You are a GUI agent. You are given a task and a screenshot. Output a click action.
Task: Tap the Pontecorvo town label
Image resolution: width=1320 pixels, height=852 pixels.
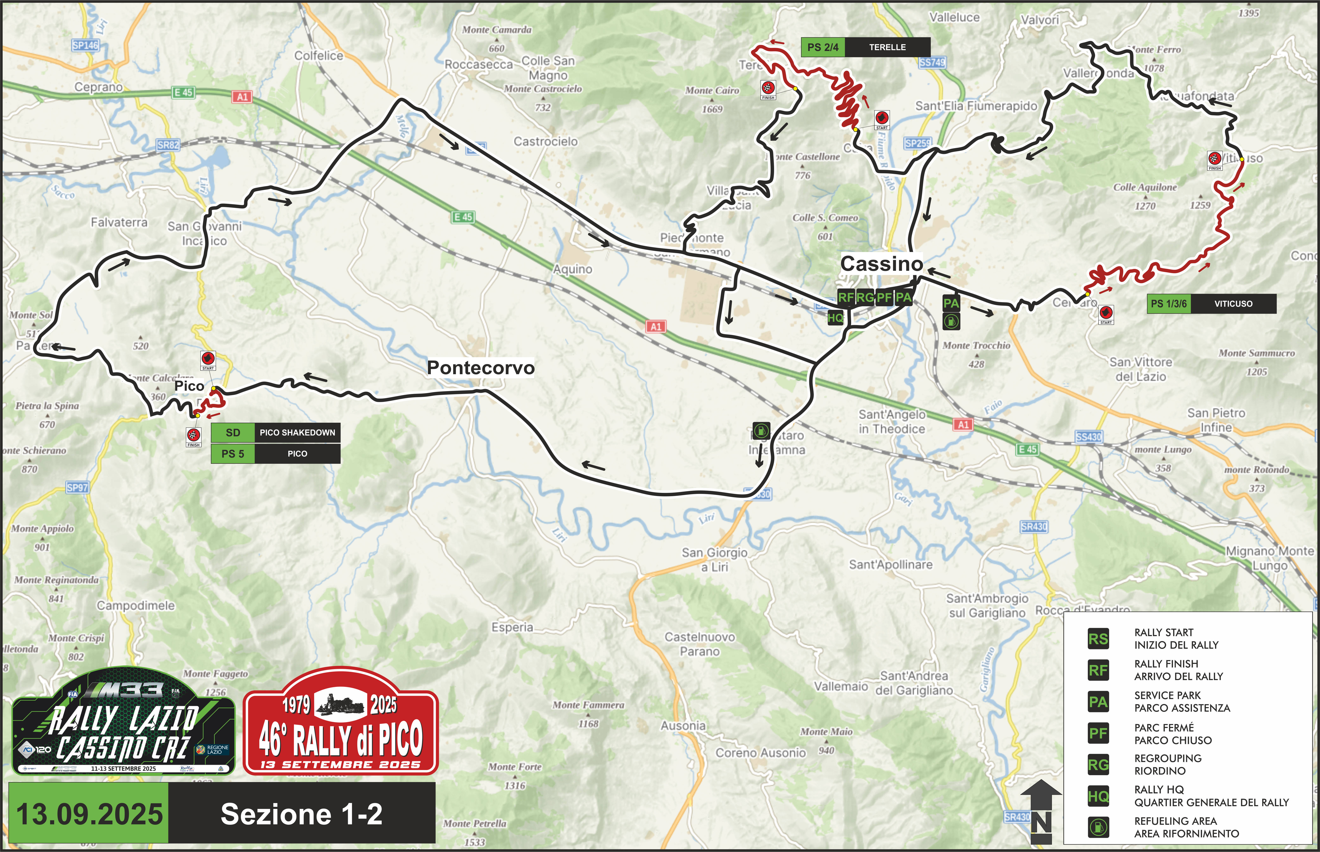[x=480, y=368]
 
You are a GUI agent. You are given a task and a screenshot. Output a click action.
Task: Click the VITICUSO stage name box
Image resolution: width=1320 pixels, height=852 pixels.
[x=1233, y=304]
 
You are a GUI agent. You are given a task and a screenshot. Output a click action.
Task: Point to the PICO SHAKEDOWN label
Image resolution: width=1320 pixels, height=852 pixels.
[x=297, y=433]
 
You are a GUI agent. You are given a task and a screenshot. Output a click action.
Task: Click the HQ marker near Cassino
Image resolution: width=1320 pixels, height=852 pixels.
[x=835, y=318]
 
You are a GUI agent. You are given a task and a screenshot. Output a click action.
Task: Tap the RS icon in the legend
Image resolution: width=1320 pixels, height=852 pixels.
[x=1098, y=639]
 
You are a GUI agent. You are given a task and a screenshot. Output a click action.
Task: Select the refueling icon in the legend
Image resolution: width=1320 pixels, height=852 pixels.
[x=1098, y=827]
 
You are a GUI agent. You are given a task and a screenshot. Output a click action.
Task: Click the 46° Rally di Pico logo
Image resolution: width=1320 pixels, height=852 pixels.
[x=341, y=722]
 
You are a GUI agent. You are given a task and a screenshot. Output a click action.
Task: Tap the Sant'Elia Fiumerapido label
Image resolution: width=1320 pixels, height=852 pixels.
[x=976, y=106]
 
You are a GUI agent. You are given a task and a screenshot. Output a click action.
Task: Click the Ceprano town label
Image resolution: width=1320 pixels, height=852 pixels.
[x=99, y=87]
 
